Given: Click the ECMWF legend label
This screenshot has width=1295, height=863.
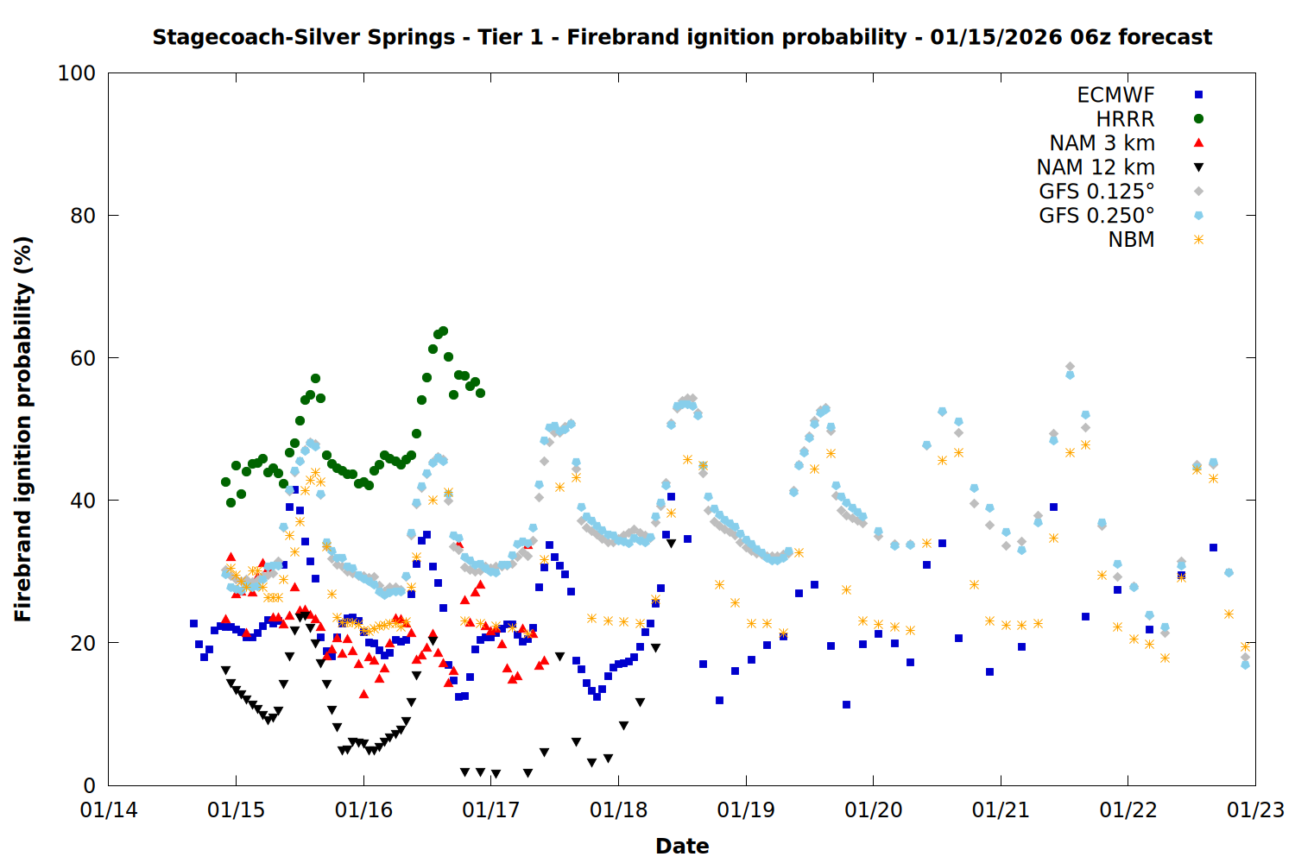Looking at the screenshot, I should pyautogui.click(x=1115, y=95).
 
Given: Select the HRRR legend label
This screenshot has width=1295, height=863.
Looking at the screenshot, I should pyautogui.click(x=1125, y=119).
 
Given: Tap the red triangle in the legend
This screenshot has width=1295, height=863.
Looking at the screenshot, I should pyautogui.click(x=1198, y=142).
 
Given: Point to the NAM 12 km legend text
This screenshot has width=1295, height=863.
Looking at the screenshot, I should pyautogui.click(x=1096, y=167).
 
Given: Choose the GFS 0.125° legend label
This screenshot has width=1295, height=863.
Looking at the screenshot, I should pyautogui.click(x=1096, y=192).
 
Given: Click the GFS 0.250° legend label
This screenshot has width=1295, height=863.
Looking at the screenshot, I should pyautogui.click(x=1096, y=216).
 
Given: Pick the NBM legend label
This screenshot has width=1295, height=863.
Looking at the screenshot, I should pyautogui.click(x=1131, y=240).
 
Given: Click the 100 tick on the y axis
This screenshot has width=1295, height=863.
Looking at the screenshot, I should pyautogui.click(x=77, y=73).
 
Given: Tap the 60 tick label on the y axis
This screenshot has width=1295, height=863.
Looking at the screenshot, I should pyautogui.click(x=83, y=358).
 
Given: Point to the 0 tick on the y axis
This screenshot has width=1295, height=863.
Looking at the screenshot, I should pyautogui.click(x=89, y=785).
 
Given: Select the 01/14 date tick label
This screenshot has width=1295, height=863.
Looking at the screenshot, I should pyautogui.click(x=109, y=810).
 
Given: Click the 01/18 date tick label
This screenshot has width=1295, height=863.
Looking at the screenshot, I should pyautogui.click(x=618, y=810).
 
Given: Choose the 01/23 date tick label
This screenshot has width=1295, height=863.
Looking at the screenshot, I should pyautogui.click(x=1255, y=810).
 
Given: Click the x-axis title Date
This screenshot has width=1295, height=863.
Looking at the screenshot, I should pyautogui.click(x=682, y=846).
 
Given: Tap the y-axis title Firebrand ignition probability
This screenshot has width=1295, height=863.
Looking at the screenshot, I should pyautogui.click(x=23, y=429).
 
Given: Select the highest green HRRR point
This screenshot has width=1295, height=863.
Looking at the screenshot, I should pyautogui.click(x=443, y=331).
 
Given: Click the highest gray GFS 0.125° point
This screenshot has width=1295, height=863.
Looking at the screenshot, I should pyautogui.click(x=1070, y=367).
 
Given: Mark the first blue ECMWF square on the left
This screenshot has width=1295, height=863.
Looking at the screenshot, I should pyautogui.click(x=193, y=623).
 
